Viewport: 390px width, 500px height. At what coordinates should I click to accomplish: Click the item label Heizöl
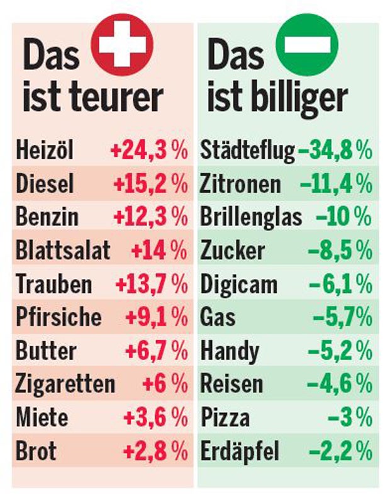[45, 151]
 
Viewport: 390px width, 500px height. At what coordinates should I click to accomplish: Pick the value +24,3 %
[149, 151]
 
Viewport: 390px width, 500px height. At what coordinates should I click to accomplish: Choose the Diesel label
[45, 184]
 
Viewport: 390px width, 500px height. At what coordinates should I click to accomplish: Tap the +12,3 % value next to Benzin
[150, 217]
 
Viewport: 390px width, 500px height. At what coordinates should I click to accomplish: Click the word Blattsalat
[63, 251]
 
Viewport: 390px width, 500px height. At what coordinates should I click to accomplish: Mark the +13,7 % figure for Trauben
[151, 284]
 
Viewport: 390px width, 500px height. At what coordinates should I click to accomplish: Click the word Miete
[42, 418]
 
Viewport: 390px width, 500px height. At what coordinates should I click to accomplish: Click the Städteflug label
[247, 151]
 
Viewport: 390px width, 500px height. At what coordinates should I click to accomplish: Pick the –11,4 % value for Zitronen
[336, 184]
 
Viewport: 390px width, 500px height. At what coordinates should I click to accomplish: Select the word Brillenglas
[251, 217]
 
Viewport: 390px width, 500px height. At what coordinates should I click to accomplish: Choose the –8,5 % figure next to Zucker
[340, 251]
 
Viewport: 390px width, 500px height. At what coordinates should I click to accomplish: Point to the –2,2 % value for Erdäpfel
[340, 451]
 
